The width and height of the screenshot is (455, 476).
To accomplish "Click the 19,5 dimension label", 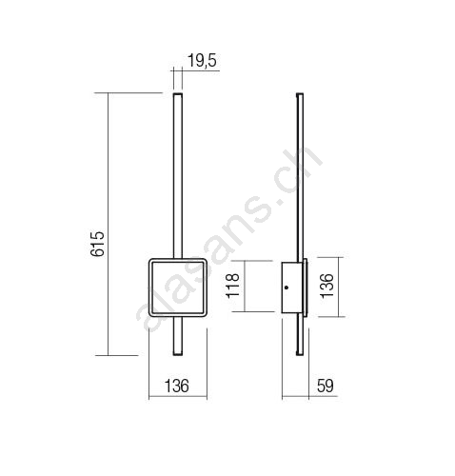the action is tap(202, 61).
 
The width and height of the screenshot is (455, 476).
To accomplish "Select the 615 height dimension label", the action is tap(97, 244).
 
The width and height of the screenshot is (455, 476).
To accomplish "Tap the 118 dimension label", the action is tap(232, 285).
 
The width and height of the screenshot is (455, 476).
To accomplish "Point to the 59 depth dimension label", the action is tap(326, 386).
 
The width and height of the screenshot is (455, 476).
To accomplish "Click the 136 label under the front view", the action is tap(177, 386).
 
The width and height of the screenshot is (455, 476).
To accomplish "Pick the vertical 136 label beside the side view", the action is tap(326, 286).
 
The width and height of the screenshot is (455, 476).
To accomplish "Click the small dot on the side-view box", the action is tap(287, 288).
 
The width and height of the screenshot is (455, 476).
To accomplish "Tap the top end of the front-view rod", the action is tap(178, 93).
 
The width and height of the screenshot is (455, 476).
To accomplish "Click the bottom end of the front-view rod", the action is tap(178, 354).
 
